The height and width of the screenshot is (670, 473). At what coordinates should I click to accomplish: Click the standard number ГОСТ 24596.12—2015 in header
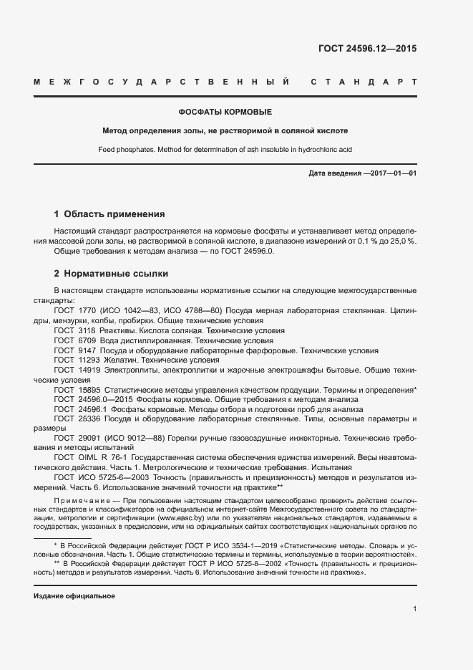(367, 49)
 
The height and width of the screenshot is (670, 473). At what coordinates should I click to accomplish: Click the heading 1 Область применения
(109, 214)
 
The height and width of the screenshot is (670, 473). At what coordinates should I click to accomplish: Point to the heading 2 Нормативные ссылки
(111, 274)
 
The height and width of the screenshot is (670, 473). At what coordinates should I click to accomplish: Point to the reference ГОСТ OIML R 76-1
(95, 456)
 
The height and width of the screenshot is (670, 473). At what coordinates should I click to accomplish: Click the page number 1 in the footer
(414, 608)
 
